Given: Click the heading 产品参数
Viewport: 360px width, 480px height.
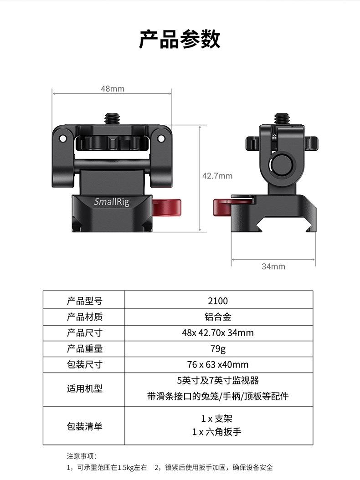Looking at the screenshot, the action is pyautogui.click(x=180, y=39).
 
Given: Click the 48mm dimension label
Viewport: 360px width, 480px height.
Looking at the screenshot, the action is pyautogui.click(x=112, y=89).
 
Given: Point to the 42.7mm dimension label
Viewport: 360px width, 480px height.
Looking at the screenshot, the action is pyautogui.click(x=217, y=176).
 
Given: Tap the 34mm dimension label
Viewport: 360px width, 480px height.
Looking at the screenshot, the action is pyautogui.click(x=273, y=266).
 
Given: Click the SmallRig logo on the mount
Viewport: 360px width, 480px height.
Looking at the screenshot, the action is pyautogui.click(x=112, y=202).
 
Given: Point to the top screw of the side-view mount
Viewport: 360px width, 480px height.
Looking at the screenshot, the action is pyautogui.click(x=278, y=119).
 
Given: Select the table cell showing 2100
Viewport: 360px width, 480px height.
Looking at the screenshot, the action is pyautogui.click(x=218, y=301).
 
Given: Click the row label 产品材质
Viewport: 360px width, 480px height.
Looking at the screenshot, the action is pyautogui.click(x=85, y=317).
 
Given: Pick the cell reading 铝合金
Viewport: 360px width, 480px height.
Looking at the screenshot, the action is pyautogui.click(x=218, y=317).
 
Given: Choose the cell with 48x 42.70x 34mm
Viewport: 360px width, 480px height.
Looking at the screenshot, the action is pyautogui.click(x=218, y=333).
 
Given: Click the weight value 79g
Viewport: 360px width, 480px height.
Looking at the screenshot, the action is pyautogui.click(x=218, y=349).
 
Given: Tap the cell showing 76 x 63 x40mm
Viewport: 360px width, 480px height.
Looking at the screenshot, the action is pyautogui.click(x=218, y=365).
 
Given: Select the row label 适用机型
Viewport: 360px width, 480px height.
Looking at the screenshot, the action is pyautogui.click(x=85, y=389).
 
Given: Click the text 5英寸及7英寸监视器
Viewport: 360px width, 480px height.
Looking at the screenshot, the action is pyautogui.click(x=218, y=380).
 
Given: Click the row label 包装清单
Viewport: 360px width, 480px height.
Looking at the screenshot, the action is pyautogui.click(x=85, y=426).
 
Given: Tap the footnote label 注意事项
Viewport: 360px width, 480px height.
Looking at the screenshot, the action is pyautogui.click(x=82, y=456).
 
